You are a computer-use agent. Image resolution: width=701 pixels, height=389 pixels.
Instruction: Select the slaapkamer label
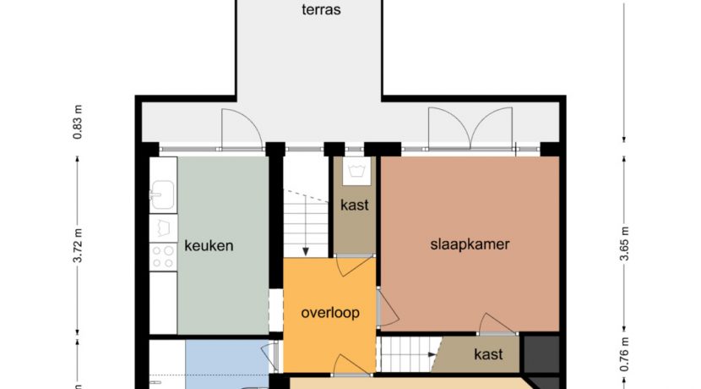pos(470,244)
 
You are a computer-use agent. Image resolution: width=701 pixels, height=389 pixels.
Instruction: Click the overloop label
pos(330,312)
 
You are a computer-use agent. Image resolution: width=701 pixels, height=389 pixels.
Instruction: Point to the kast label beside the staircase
pos(355,205)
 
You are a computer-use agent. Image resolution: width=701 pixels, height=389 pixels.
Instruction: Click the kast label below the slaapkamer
pos(488,353)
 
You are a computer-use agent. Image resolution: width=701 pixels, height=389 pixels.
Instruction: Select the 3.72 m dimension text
pos(79,247)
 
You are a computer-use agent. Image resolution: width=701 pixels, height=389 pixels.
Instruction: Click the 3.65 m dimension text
pos(625,244)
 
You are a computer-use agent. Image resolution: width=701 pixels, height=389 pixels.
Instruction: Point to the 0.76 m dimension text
pos(625,354)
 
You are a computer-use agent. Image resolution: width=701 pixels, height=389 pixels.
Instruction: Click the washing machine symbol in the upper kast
pos(355,173)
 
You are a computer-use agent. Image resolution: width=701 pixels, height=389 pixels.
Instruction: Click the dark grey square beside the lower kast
pos(541,353)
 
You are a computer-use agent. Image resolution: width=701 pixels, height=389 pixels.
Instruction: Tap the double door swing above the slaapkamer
pos(470,129)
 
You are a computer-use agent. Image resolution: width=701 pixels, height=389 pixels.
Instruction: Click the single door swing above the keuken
pos(241,129)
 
